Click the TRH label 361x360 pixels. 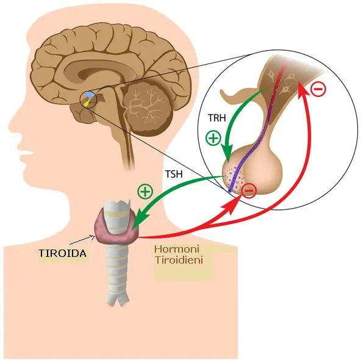(x=217, y=118)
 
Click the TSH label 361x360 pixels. (x=174, y=174)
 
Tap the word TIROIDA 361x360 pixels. (x=63, y=253)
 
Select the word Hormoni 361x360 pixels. (x=177, y=249)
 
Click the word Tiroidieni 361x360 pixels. (x=179, y=260)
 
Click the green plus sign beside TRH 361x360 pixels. (x=213, y=138)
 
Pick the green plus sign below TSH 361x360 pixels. (x=145, y=192)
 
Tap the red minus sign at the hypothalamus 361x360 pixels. (x=318, y=88)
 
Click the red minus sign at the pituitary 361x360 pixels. (x=249, y=191)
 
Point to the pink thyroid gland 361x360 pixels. (x=116, y=227)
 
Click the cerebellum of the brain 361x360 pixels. (x=148, y=108)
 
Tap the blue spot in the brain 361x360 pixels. (x=89, y=95)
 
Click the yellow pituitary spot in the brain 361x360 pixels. (x=87, y=103)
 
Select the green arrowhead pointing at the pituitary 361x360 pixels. (x=229, y=154)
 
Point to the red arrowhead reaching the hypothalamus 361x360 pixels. (x=302, y=90)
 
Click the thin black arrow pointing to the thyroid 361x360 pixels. (x=82, y=240)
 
